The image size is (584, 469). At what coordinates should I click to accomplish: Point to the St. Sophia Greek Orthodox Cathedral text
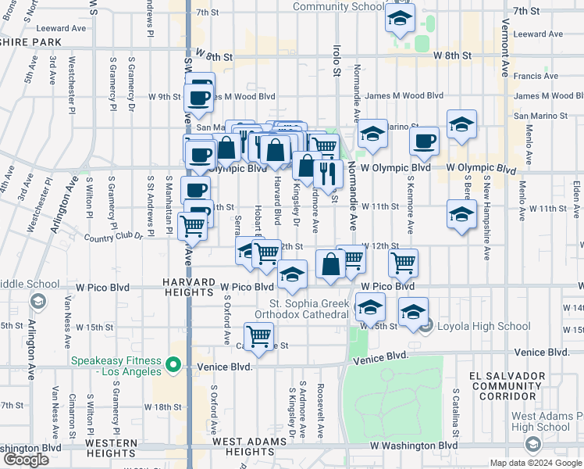[x=308, y=308]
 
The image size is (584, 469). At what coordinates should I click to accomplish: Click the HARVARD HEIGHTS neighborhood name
[x=188, y=287]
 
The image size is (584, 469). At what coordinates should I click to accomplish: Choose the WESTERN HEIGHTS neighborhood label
[x=112, y=448]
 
